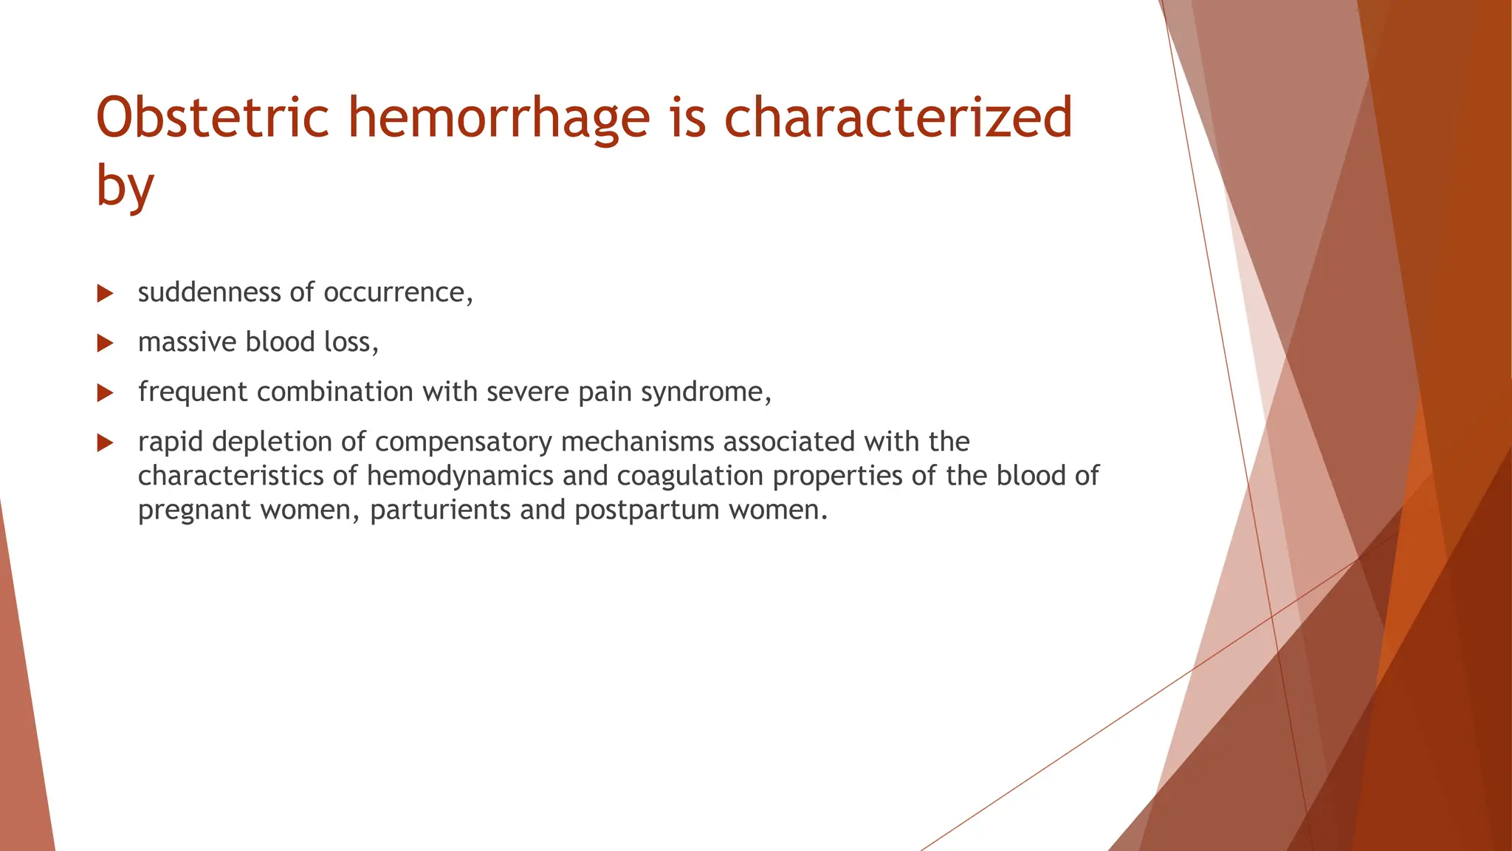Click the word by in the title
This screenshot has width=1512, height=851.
pos(125,186)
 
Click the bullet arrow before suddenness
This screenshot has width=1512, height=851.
pos(105,294)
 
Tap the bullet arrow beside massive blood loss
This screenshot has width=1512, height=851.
pos(105,344)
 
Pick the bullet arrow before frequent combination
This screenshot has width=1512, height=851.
pos(105,393)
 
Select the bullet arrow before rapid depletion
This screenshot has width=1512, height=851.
pos(105,443)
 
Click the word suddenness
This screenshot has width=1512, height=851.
pos(209,293)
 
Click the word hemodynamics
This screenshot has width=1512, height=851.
pos(460,476)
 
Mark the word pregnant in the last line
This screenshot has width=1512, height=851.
pos(194,510)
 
